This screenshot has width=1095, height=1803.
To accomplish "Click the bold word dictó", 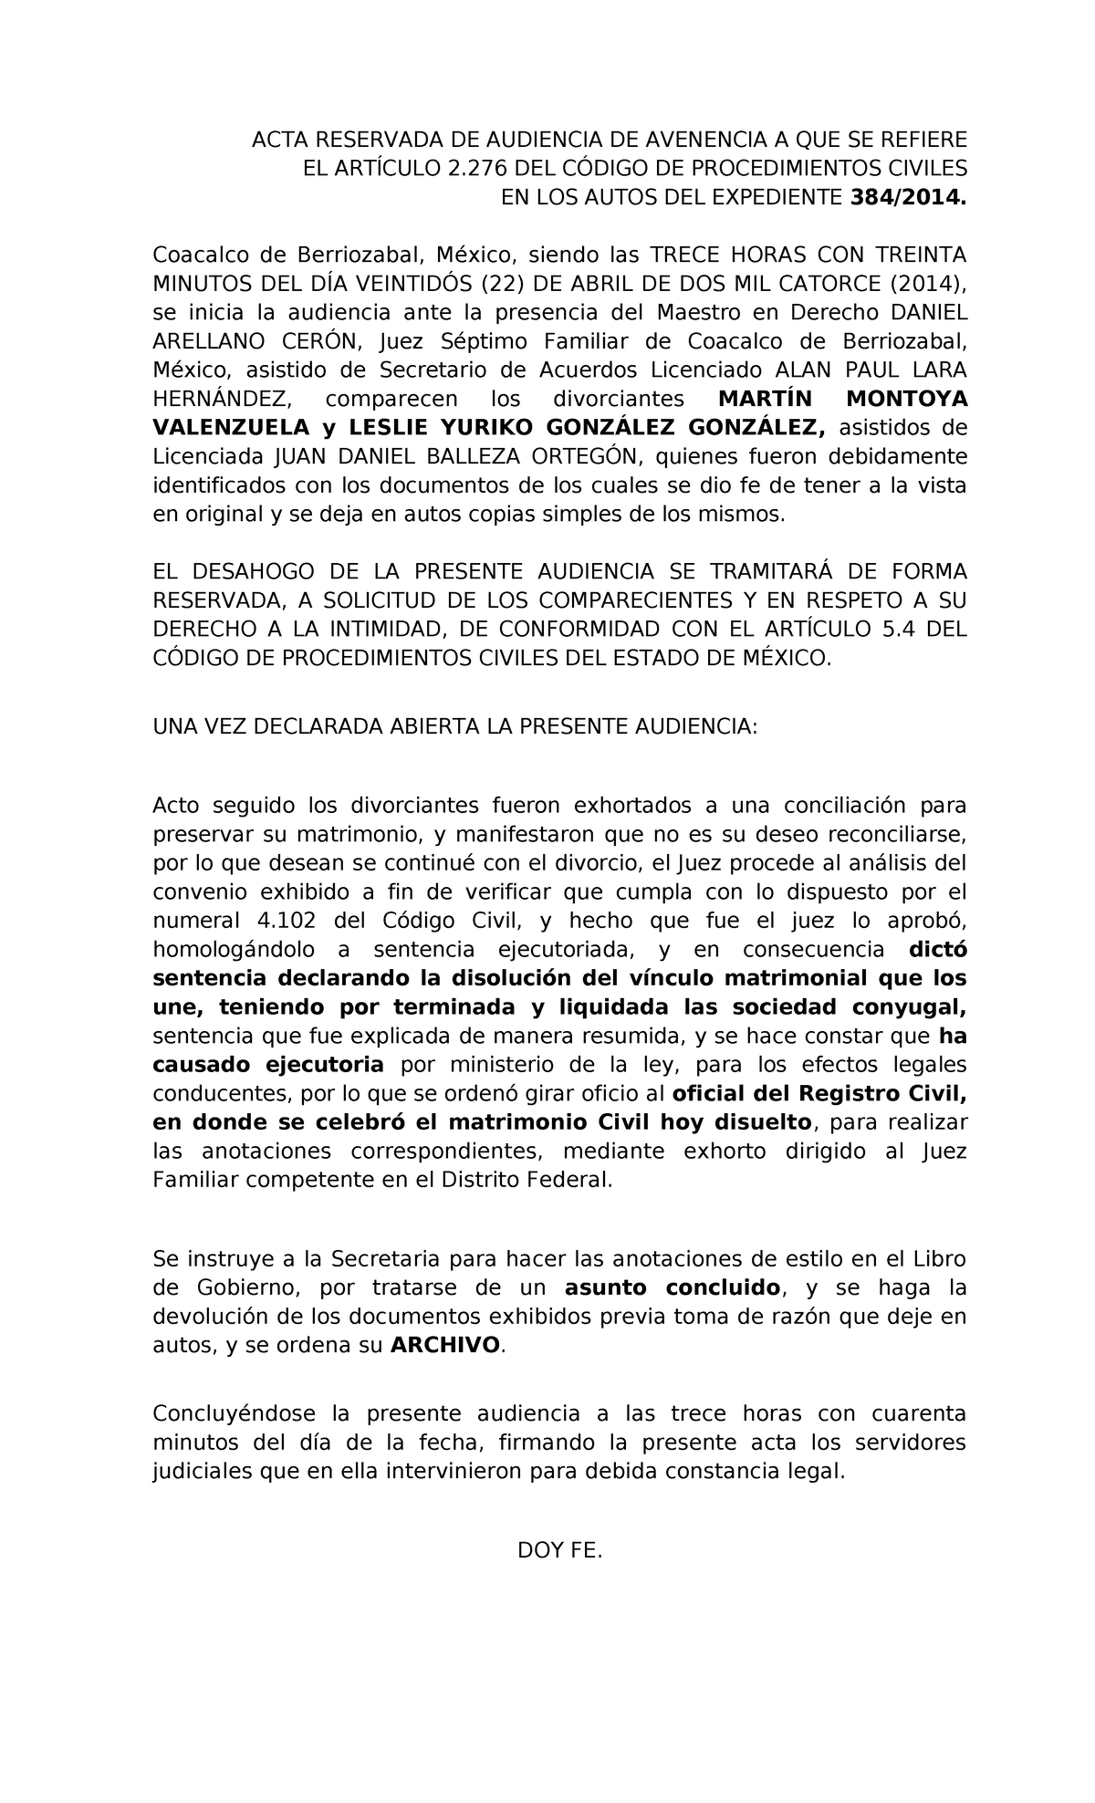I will pyautogui.click(x=938, y=949).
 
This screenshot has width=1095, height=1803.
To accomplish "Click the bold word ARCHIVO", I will pyautogui.click(x=445, y=1345).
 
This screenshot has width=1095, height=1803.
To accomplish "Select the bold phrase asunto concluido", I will pyautogui.click(x=673, y=1287).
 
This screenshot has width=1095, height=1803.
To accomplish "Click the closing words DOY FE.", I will pyautogui.click(x=559, y=1550).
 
